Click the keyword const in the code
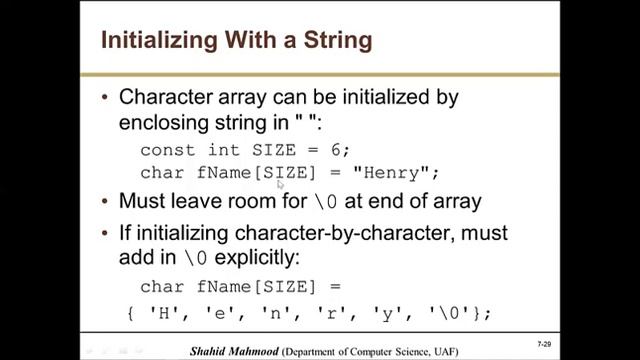coord(167,150)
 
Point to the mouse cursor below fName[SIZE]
coord(280,185)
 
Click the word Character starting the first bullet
coord(164,98)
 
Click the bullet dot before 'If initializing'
coord(105,233)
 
